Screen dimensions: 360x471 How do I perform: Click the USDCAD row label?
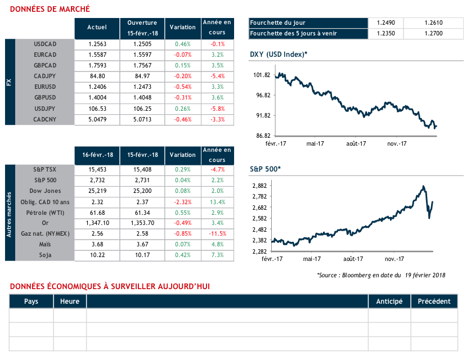pos(46,44)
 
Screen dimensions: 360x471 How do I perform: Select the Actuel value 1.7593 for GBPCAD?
pos(97,65)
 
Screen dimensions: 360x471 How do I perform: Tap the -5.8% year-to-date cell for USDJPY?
pos(217,108)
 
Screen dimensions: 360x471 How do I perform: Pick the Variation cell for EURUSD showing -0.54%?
pos(183,87)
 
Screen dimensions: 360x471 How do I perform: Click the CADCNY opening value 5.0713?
pos(142,119)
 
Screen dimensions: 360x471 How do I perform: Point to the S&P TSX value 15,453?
pos(97,169)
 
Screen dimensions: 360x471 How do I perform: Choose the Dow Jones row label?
pos(46,191)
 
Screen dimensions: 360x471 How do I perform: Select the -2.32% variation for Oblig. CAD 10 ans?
pos(183,201)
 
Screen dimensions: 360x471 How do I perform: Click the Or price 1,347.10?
pos(97,223)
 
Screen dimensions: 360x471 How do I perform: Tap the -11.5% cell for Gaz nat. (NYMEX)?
pos(217,233)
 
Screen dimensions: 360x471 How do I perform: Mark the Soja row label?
pos(46,255)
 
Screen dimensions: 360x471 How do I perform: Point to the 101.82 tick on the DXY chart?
pos(263,75)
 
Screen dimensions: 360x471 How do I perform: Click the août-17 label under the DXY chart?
pos(356,143)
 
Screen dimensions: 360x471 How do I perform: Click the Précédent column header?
pos(434,301)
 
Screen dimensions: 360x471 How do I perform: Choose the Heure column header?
pos(70,301)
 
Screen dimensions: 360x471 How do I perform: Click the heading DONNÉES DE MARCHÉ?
pos(50,10)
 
